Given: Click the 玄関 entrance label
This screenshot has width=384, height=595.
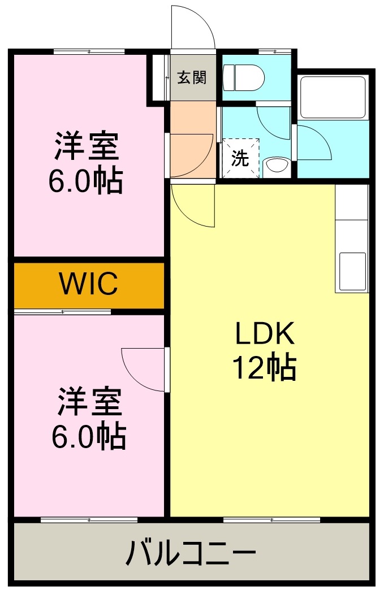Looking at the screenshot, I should click(192, 77).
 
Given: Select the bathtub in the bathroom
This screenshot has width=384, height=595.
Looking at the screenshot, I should click(332, 97).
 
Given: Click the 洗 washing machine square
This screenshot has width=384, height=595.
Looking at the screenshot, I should click(240, 159).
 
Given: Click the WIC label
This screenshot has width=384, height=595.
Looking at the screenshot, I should click(89, 284).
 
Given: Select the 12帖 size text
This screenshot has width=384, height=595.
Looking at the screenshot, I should click(264, 368).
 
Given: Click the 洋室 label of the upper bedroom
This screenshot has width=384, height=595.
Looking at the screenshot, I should click(87, 147).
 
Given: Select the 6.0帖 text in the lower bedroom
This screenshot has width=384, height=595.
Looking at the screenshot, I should click(89, 436).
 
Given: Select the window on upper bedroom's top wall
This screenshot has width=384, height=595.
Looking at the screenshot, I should click(89, 51).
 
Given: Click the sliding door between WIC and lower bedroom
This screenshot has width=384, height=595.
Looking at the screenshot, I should click(62, 311).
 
